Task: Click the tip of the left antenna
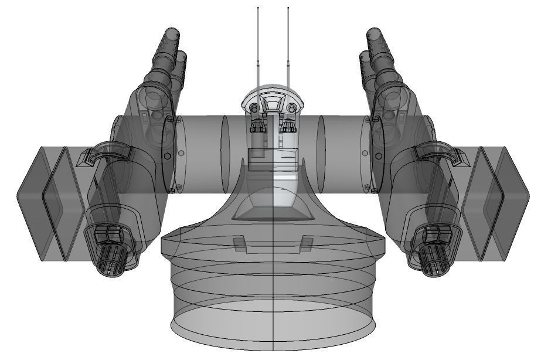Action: pyautogui.click(x=258, y=8)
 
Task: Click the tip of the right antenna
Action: pyautogui.click(x=288, y=8)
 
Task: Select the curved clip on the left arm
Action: pyautogui.click(x=106, y=152)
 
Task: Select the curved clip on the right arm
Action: pyautogui.click(x=440, y=152)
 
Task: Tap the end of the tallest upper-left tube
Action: pyautogui.click(x=171, y=32)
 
